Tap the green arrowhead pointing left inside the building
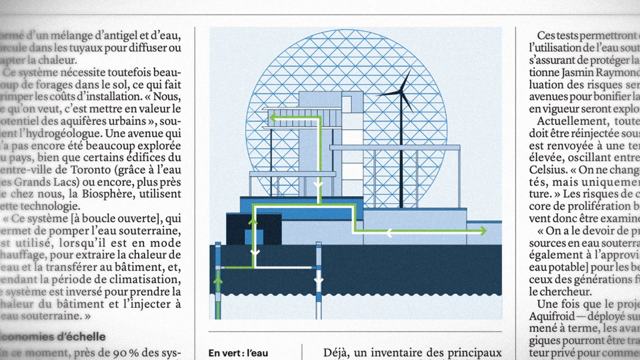tap(273, 118)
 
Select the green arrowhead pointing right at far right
tap(483, 230)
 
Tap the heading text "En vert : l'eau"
tap(238, 353)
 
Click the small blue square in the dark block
tap(253, 237)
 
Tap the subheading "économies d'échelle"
tap(53, 337)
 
